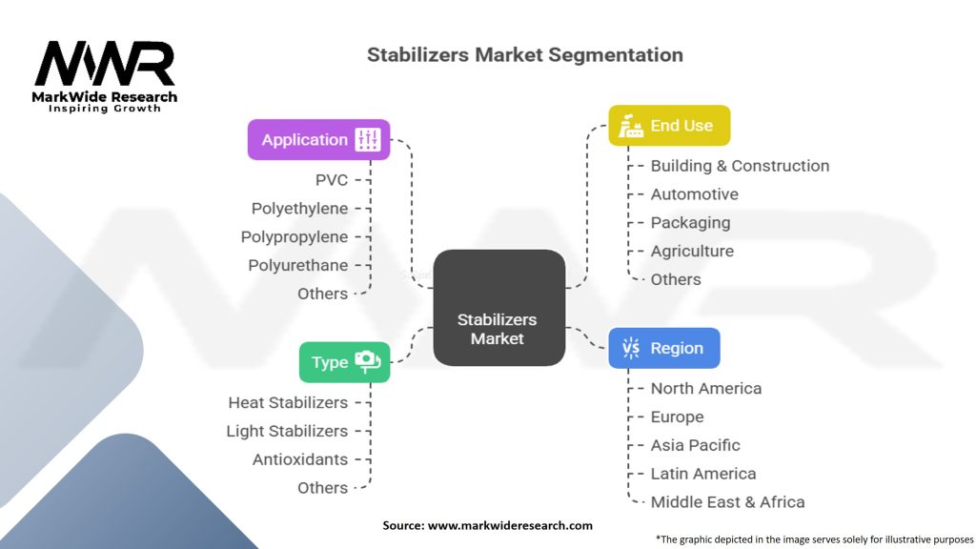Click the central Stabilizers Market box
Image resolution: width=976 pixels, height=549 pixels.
tap(499, 308)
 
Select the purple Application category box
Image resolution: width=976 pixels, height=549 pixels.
tap(318, 139)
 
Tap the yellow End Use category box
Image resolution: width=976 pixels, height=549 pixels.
tap(669, 125)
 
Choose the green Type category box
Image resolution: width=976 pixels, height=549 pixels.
tap(345, 361)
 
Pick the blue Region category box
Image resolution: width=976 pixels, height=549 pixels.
tap(664, 348)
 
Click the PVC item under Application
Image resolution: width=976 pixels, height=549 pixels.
tap(332, 180)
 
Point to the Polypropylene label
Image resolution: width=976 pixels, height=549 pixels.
tap(295, 237)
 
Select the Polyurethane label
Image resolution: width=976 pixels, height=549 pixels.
tap(298, 265)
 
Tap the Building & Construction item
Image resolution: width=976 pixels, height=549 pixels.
tap(740, 166)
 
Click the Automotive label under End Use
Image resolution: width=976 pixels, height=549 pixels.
tap(695, 194)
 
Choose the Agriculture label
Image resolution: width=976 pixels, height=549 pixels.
tap(692, 252)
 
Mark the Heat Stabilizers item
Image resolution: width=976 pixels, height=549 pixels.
tap(288, 403)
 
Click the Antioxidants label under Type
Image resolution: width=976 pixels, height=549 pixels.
tap(300, 459)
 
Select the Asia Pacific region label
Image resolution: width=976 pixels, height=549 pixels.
tap(695, 445)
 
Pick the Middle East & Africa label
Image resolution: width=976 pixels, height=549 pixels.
tap(727, 501)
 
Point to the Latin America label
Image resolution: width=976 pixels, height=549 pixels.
tap(703, 474)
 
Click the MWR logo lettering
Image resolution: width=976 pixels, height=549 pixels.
tap(105, 64)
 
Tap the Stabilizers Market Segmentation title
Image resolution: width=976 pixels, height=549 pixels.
tap(525, 54)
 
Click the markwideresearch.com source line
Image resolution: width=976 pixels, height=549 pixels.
tap(487, 525)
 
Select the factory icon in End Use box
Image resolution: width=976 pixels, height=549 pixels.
tap(631, 126)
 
